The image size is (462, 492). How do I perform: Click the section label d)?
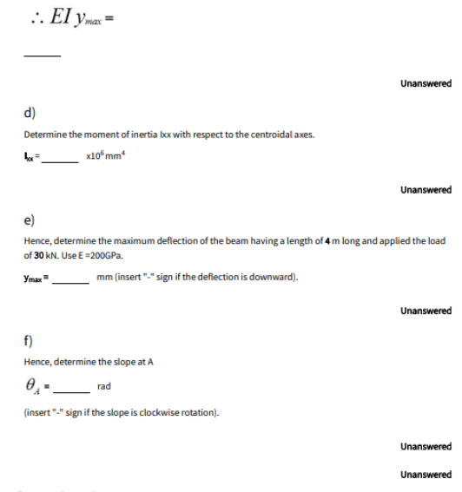pos(30,113)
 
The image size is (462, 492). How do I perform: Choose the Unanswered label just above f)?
pos(426,310)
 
